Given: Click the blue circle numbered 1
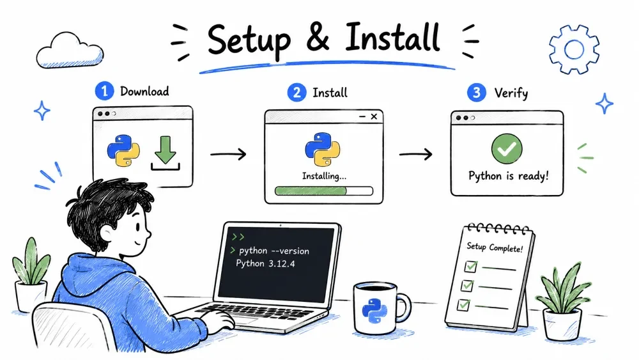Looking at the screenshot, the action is [x=104, y=91].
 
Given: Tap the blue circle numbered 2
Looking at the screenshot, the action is [x=296, y=93].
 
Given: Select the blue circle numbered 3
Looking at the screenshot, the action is [x=477, y=93].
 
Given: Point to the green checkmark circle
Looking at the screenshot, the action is [x=507, y=148].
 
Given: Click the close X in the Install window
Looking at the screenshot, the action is [x=374, y=116].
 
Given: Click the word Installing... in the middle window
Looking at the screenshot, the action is [x=324, y=176].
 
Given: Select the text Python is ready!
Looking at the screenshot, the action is [x=508, y=176].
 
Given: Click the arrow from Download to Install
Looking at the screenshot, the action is [x=228, y=154].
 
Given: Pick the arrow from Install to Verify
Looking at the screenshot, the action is [x=416, y=154].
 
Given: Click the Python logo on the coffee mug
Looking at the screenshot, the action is [x=374, y=310].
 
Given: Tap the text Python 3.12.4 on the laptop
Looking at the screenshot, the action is [x=265, y=263].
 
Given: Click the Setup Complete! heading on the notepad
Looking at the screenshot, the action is [x=495, y=247].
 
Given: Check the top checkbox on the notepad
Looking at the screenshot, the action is [x=471, y=267].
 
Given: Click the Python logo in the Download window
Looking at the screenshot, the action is [x=123, y=151].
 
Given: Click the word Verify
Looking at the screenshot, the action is [x=511, y=93].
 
